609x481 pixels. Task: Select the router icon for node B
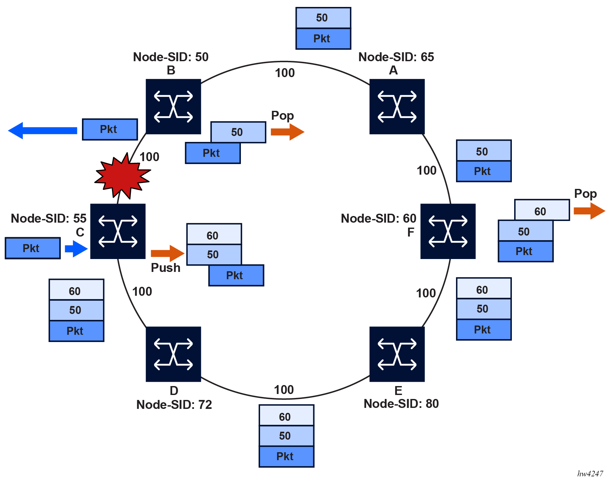tap(173, 107)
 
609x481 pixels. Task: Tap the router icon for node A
tap(397, 107)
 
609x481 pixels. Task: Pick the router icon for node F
tap(448, 231)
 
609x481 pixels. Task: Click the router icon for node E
tap(397, 354)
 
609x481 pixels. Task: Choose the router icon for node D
tap(173, 354)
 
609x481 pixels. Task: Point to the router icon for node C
tap(118, 231)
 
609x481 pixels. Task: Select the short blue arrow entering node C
tap(76, 248)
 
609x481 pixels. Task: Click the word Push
tap(166, 268)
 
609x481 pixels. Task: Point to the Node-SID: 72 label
tap(174, 405)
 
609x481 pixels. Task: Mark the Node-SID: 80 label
tap(401, 404)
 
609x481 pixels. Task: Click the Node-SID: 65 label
tap(396, 57)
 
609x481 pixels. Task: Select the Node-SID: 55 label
tap(49, 218)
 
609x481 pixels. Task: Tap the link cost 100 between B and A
tap(285, 73)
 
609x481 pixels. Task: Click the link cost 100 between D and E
tap(284, 390)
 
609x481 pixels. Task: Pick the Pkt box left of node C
tap(33, 248)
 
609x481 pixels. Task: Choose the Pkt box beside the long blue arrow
tap(110, 129)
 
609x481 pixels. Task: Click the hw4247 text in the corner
tap(590, 474)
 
